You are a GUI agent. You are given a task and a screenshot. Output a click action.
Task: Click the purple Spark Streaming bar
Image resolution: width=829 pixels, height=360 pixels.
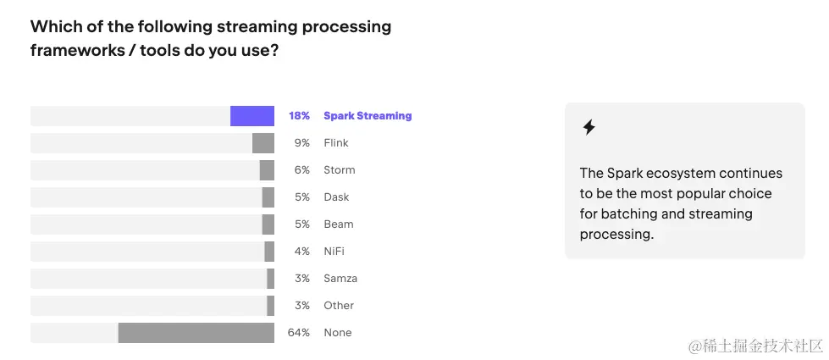252,116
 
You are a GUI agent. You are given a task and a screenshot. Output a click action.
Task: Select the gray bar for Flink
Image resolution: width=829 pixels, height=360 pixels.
263,143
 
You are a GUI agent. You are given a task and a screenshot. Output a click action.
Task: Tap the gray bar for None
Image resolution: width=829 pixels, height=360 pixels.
196,333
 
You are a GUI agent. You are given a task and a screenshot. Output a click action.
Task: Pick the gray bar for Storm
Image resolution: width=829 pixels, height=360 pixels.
267,170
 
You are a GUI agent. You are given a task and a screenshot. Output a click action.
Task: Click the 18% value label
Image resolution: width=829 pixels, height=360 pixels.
299,116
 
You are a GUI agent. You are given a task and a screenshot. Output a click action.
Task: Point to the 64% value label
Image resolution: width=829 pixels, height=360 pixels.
299,333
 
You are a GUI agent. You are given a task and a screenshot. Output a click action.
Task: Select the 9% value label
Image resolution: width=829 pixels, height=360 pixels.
302,143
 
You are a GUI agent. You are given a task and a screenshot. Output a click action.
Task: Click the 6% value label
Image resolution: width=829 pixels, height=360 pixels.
302,170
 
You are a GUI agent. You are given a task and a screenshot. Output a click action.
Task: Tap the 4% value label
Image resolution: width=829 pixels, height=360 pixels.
302,252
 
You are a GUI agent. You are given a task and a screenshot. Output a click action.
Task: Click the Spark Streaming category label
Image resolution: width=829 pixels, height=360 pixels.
368,116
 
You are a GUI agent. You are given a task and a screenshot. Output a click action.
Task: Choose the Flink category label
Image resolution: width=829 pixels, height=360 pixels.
336,143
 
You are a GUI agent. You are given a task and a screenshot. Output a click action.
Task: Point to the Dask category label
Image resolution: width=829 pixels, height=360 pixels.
336,197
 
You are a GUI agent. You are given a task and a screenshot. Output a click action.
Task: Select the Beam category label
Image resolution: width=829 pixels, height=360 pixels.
339,224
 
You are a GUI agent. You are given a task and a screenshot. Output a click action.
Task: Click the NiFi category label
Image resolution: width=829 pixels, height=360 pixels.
334,252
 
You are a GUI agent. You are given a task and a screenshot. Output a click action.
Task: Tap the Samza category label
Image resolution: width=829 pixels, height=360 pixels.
340,279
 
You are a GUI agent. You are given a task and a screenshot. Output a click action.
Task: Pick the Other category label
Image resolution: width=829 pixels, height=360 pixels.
339,306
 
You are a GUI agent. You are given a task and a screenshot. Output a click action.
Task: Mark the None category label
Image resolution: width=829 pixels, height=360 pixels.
337,333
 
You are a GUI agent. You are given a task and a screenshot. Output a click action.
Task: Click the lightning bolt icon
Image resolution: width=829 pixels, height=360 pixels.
589,128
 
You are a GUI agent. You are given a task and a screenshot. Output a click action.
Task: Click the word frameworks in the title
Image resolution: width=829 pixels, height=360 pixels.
74,51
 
